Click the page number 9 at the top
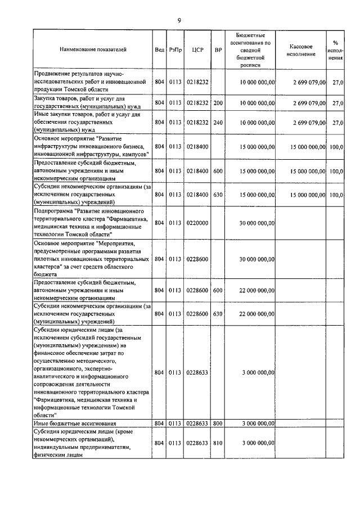tap(179, 21)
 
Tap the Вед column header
tap(159, 49)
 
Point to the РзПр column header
tap(175, 49)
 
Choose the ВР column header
tap(218, 49)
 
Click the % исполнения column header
tap(335, 49)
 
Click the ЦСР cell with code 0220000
tap(197, 223)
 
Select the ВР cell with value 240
tap(218, 121)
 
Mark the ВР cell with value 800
tap(218, 423)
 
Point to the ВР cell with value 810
tap(218, 444)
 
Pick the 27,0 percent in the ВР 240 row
tap(338, 121)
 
